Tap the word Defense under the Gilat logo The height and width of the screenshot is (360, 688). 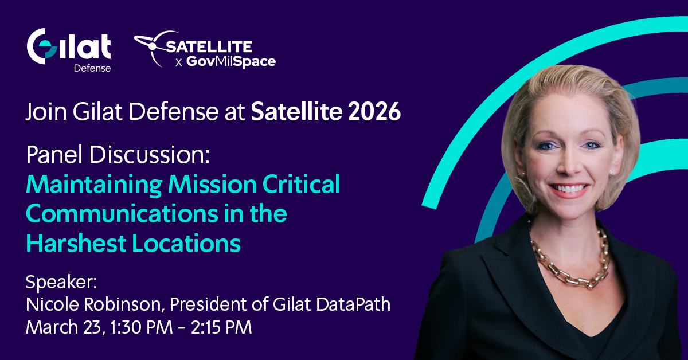tap(92, 68)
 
